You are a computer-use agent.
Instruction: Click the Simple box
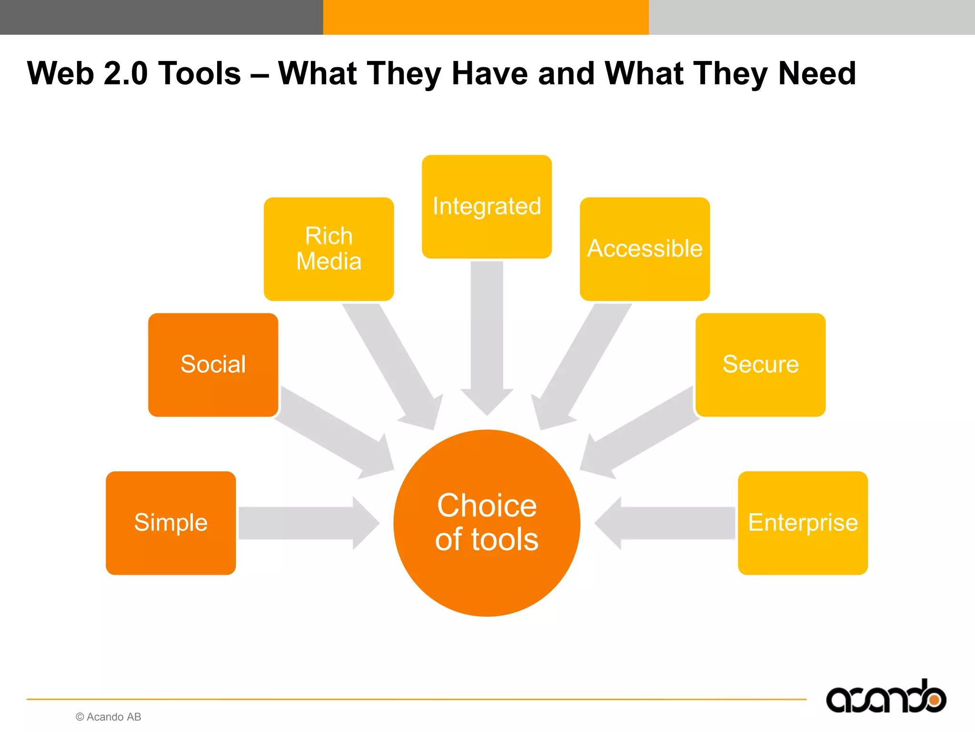tap(170, 523)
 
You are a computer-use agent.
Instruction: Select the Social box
tap(213, 365)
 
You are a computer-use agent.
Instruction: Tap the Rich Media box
tap(328, 249)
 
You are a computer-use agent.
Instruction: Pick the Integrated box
tap(487, 206)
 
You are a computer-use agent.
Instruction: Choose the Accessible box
tap(645, 249)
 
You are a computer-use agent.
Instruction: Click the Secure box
tap(760, 365)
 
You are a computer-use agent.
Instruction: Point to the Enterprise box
tap(803, 523)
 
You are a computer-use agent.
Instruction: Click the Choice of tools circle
tap(487, 523)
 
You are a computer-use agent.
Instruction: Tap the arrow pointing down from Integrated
tap(487, 334)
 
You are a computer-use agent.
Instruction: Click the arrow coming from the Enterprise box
tap(667, 523)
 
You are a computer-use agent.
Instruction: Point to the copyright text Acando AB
tap(109, 717)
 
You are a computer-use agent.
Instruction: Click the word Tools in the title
tap(200, 73)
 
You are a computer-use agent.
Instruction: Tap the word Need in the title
tap(817, 73)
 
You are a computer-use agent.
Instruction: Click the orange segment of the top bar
tap(486, 17)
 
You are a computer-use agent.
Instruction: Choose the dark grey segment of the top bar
tap(161, 17)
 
